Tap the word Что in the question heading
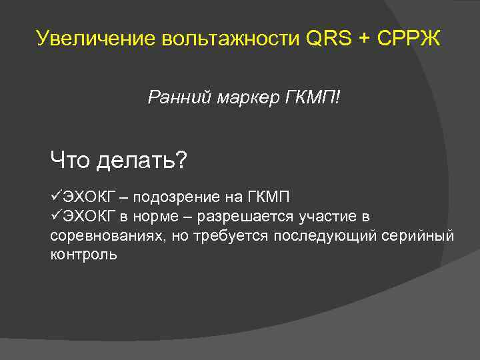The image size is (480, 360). [x=71, y=160]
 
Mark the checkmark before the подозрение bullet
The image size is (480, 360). [x=56, y=197]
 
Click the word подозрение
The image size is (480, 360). [x=177, y=198]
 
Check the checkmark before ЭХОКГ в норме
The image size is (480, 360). [x=56, y=217]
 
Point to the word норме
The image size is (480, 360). [x=158, y=217]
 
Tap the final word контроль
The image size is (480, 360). [x=83, y=255]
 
